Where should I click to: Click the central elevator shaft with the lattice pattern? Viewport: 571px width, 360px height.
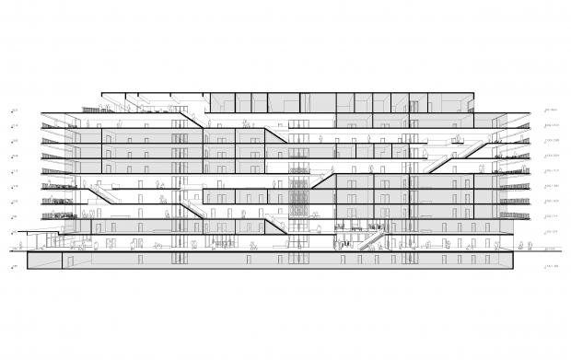[x=297, y=198]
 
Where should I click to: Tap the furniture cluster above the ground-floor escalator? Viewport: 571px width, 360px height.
[x=355, y=226]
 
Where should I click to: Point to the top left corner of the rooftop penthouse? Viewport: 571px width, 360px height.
[x=101, y=93]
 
